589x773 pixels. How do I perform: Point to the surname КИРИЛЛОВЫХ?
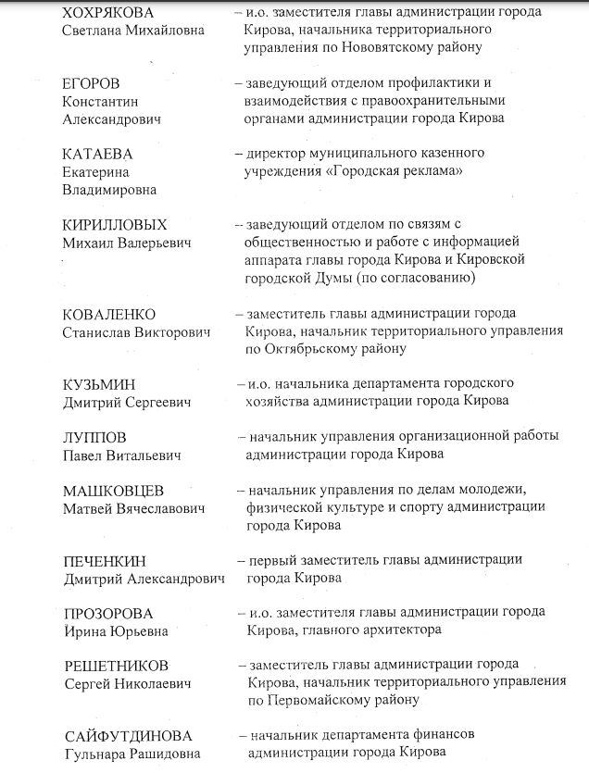116,225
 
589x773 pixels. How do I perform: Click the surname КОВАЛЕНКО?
109,314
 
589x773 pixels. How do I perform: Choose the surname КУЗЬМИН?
98,383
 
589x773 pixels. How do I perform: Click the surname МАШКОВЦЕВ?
114,490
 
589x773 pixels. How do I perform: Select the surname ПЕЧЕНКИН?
106,561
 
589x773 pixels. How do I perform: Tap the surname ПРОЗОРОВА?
108,614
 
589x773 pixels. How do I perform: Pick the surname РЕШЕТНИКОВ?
117,666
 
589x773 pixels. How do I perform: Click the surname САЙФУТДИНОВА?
128,736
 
